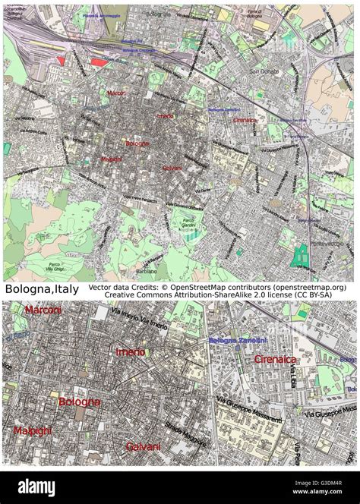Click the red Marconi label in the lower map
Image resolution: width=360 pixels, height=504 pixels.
[x=43, y=310]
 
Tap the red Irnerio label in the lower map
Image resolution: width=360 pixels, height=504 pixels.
[x=130, y=352]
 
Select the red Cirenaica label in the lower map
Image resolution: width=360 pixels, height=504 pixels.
[x=275, y=359]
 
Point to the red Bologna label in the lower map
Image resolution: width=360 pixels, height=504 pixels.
[x=79, y=402]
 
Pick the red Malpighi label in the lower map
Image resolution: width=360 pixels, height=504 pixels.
[x=33, y=431]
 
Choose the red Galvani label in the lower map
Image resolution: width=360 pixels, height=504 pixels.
[x=143, y=446]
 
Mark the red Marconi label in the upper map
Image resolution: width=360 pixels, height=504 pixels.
[x=116, y=93]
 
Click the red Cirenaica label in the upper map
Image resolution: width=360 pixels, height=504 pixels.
[x=245, y=120]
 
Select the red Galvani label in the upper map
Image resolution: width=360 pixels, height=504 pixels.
[x=172, y=168]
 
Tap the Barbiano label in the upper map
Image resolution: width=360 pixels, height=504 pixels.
[x=146, y=271]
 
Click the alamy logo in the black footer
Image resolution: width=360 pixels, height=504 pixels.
[x=36, y=487]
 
